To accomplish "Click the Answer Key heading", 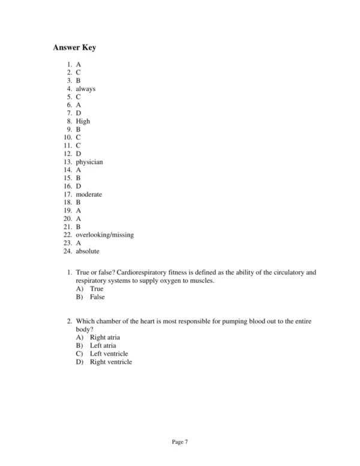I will point(74,47).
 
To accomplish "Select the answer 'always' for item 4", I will point(85,89).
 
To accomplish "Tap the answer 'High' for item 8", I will point(83,121).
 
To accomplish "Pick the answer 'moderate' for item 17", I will point(89,195).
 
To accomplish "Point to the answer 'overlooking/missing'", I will point(104,235).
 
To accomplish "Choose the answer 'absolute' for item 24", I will point(88,251).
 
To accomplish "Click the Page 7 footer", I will point(180,441).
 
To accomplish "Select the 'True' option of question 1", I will point(97,289).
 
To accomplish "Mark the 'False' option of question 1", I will point(97,297).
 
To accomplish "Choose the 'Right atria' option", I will point(105,337).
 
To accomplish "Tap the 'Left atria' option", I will point(103,346).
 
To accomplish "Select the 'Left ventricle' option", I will point(109,354).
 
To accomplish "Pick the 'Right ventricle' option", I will point(110,362).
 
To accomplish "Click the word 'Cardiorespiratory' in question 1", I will point(141,272).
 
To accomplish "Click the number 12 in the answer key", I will point(68,154).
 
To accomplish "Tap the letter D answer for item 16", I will point(78,186).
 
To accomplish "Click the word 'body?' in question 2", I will point(84,330).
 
